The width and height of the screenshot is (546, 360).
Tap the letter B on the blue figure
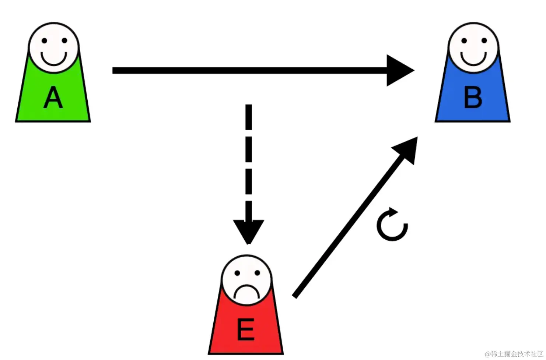pyautogui.click(x=473, y=98)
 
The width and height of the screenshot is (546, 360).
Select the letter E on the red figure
pyautogui.click(x=245, y=330)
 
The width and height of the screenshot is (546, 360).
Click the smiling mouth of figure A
pyautogui.click(x=54, y=59)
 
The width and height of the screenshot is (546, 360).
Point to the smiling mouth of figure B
pyautogui.click(x=473, y=59)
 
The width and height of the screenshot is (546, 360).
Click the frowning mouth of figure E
pyautogui.click(x=246, y=291)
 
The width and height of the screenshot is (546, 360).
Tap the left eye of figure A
pyautogui.click(x=44, y=41)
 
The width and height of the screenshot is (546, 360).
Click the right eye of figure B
pyautogui.click(x=484, y=41)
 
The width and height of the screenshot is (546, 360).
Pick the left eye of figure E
pyautogui.click(x=237, y=273)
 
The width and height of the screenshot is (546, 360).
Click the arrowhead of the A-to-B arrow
pyautogui.click(x=400, y=70)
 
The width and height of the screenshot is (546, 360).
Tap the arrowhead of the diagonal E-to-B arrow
pyautogui.click(x=407, y=149)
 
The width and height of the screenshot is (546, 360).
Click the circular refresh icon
pyautogui.click(x=392, y=225)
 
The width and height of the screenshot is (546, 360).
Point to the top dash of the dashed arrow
pyautogui.click(x=249, y=117)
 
